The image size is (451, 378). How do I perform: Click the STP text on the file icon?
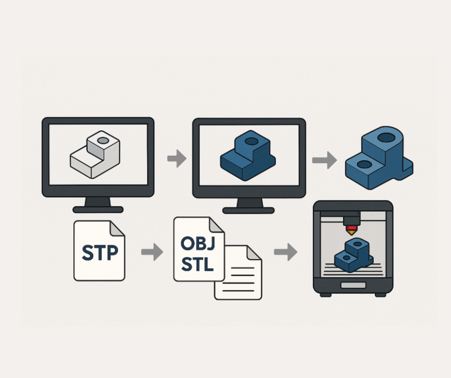coord(99,253)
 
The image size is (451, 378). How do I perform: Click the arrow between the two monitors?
coord(177,159)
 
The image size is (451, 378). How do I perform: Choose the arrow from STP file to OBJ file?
coord(152,252)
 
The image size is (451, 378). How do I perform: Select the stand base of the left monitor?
coord(98,210)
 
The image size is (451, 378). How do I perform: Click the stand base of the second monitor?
coord(249,210)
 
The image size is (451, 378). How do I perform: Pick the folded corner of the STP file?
coord(117,228)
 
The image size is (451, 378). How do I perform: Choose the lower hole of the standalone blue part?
coord(364,164)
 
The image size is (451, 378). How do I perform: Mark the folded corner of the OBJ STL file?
coord(217,225)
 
